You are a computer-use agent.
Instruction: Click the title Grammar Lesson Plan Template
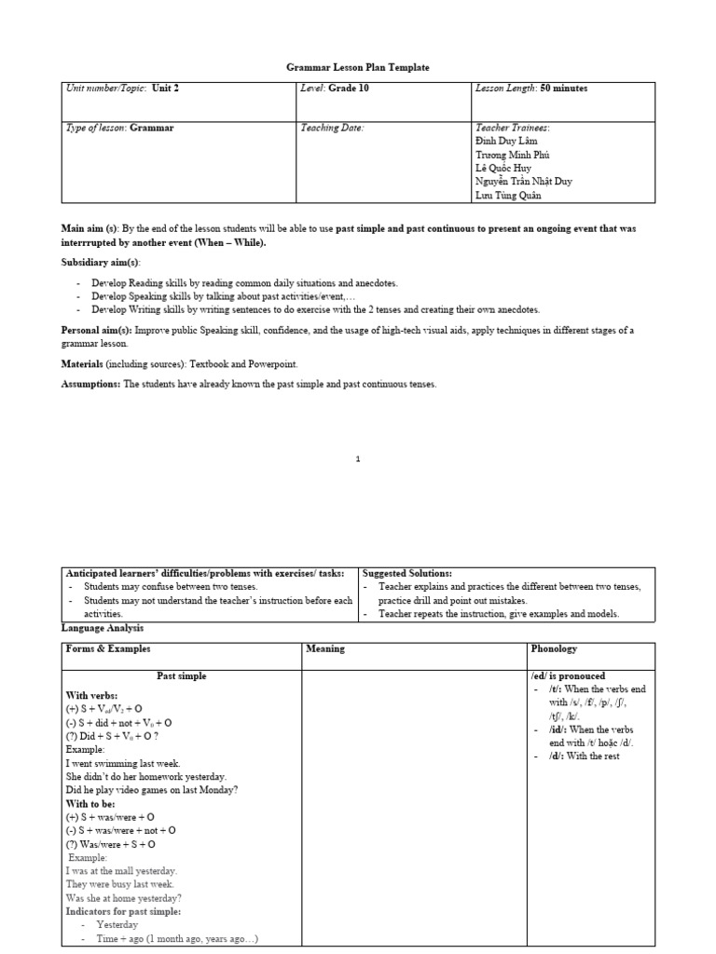[x=357, y=67]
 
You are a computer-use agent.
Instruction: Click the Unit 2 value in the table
[x=165, y=89]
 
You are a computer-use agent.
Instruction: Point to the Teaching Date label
[x=332, y=128]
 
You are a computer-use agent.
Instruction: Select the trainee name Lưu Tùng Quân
[x=509, y=195]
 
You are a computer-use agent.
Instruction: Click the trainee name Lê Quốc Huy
[x=503, y=168]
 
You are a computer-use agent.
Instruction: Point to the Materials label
[x=82, y=363]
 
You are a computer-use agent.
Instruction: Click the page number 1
[x=358, y=458]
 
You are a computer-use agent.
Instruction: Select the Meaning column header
[x=325, y=649]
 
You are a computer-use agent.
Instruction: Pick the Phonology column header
[x=555, y=649]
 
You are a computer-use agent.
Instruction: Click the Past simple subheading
[x=181, y=675]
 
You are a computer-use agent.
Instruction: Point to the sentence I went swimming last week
[x=122, y=762]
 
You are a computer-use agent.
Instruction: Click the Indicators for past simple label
[x=123, y=911]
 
